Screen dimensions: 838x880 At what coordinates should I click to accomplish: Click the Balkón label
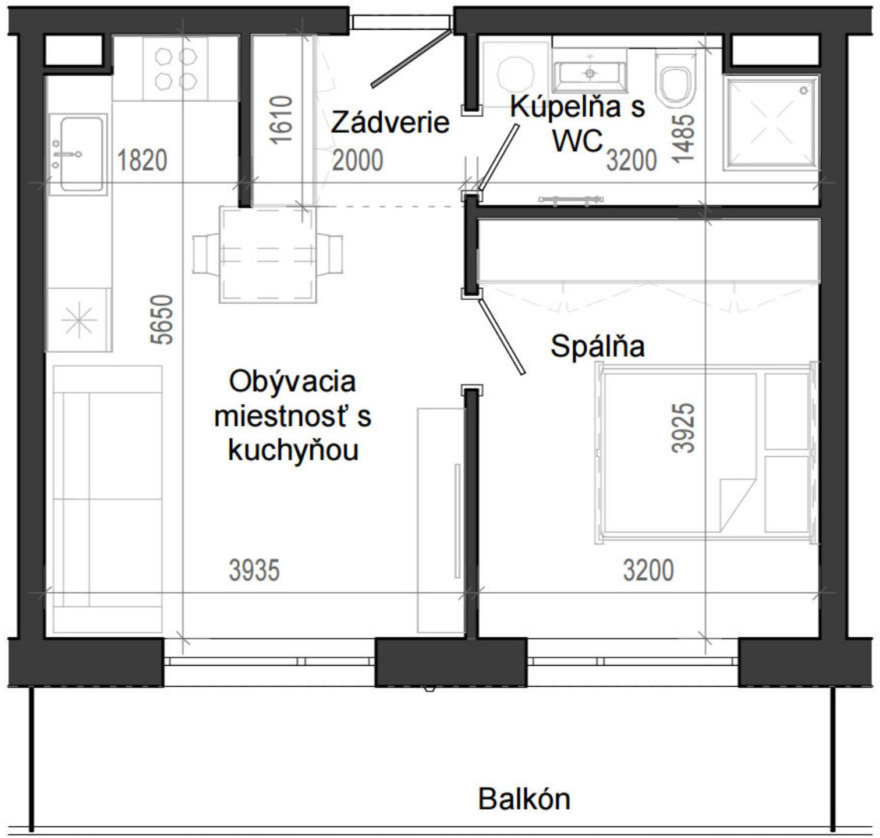pos(524,799)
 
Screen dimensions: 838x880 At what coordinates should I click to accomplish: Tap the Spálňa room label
pos(598,346)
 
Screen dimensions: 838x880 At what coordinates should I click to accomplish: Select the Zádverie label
pos(390,123)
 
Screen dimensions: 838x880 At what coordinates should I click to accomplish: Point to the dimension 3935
pos(254,570)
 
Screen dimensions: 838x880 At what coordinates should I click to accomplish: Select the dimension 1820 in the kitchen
pos(142,161)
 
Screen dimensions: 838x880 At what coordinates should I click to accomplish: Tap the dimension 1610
pos(281,120)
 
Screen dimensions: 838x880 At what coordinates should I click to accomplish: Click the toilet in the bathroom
pos(675,81)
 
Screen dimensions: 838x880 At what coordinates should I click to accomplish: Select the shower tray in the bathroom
pos(772,123)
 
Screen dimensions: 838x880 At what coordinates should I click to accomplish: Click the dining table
pos(268,255)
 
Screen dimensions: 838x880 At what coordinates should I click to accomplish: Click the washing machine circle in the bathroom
pos(516,74)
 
